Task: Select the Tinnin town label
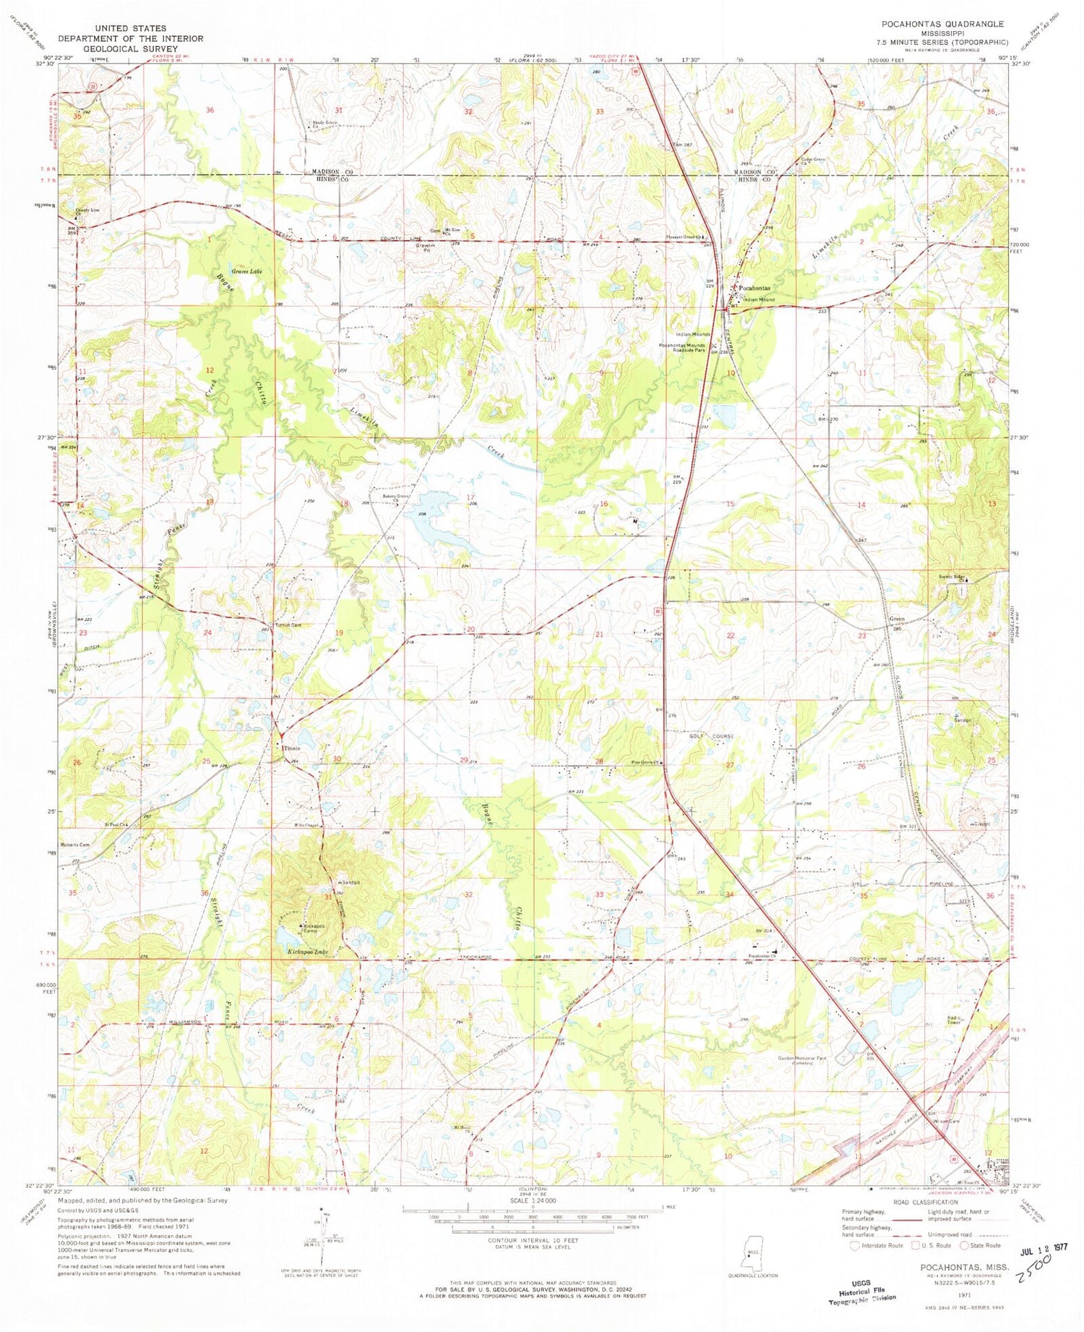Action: click(x=292, y=748)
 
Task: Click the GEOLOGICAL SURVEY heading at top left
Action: click(x=131, y=48)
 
